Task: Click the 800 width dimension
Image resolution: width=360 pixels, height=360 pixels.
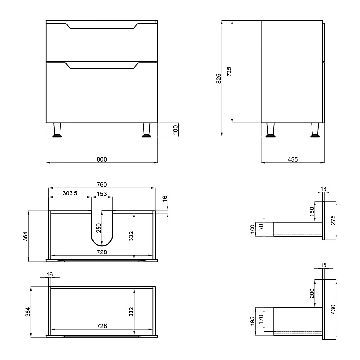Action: click(101, 159)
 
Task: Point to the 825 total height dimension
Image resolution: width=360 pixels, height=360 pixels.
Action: click(219, 78)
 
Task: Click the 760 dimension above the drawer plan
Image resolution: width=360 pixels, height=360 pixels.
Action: click(101, 185)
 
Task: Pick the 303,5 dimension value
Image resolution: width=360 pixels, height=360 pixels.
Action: click(70, 193)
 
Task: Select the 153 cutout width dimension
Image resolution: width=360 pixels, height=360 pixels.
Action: click(102, 193)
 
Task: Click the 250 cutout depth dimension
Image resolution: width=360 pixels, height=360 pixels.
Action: click(99, 228)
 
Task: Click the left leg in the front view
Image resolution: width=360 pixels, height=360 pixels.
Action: click(58, 130)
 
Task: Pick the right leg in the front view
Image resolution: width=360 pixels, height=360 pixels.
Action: click(146, 130)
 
